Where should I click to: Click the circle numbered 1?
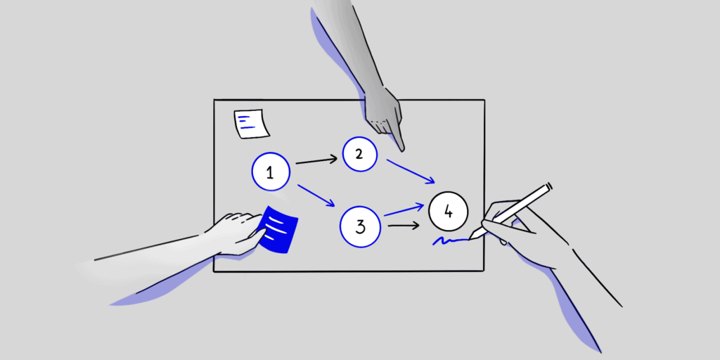(x=270, y=172)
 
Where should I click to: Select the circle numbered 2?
(x=359, y=155)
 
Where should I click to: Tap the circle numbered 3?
(x=360, y=226)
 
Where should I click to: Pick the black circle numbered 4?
(x=448, y=211)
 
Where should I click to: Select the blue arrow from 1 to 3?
(x=316, y=195)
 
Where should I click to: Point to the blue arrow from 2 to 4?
(x=410, y=172)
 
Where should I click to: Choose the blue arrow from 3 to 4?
(x=404, y=210)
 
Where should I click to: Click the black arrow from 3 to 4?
(x=403, y=226)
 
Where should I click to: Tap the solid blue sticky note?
(x=280, y=229)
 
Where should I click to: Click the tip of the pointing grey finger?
(x=401, y=150)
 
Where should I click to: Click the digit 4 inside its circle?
(x=448, y=211)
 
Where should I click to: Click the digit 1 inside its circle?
(x=270, y=172)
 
